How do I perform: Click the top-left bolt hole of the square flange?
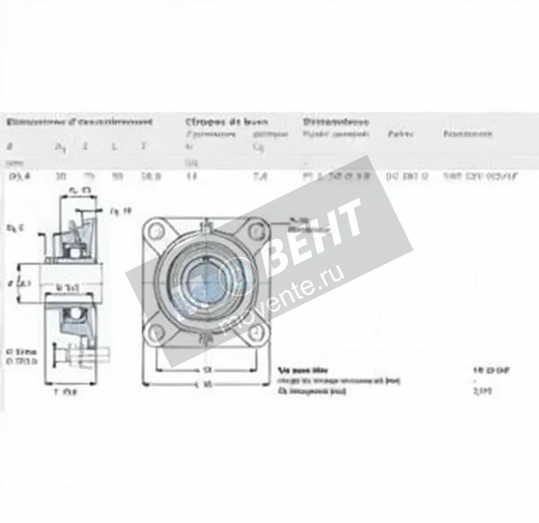tap(156, 231)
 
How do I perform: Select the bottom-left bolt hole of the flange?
tap(156, 331)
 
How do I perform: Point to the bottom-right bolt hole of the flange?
tap(256, 331)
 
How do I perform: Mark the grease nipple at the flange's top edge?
tap(207, 224)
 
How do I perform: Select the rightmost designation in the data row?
tap(480, 176)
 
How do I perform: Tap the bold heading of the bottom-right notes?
tap(303, 370)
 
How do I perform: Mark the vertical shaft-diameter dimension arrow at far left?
tap(18, 282)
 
